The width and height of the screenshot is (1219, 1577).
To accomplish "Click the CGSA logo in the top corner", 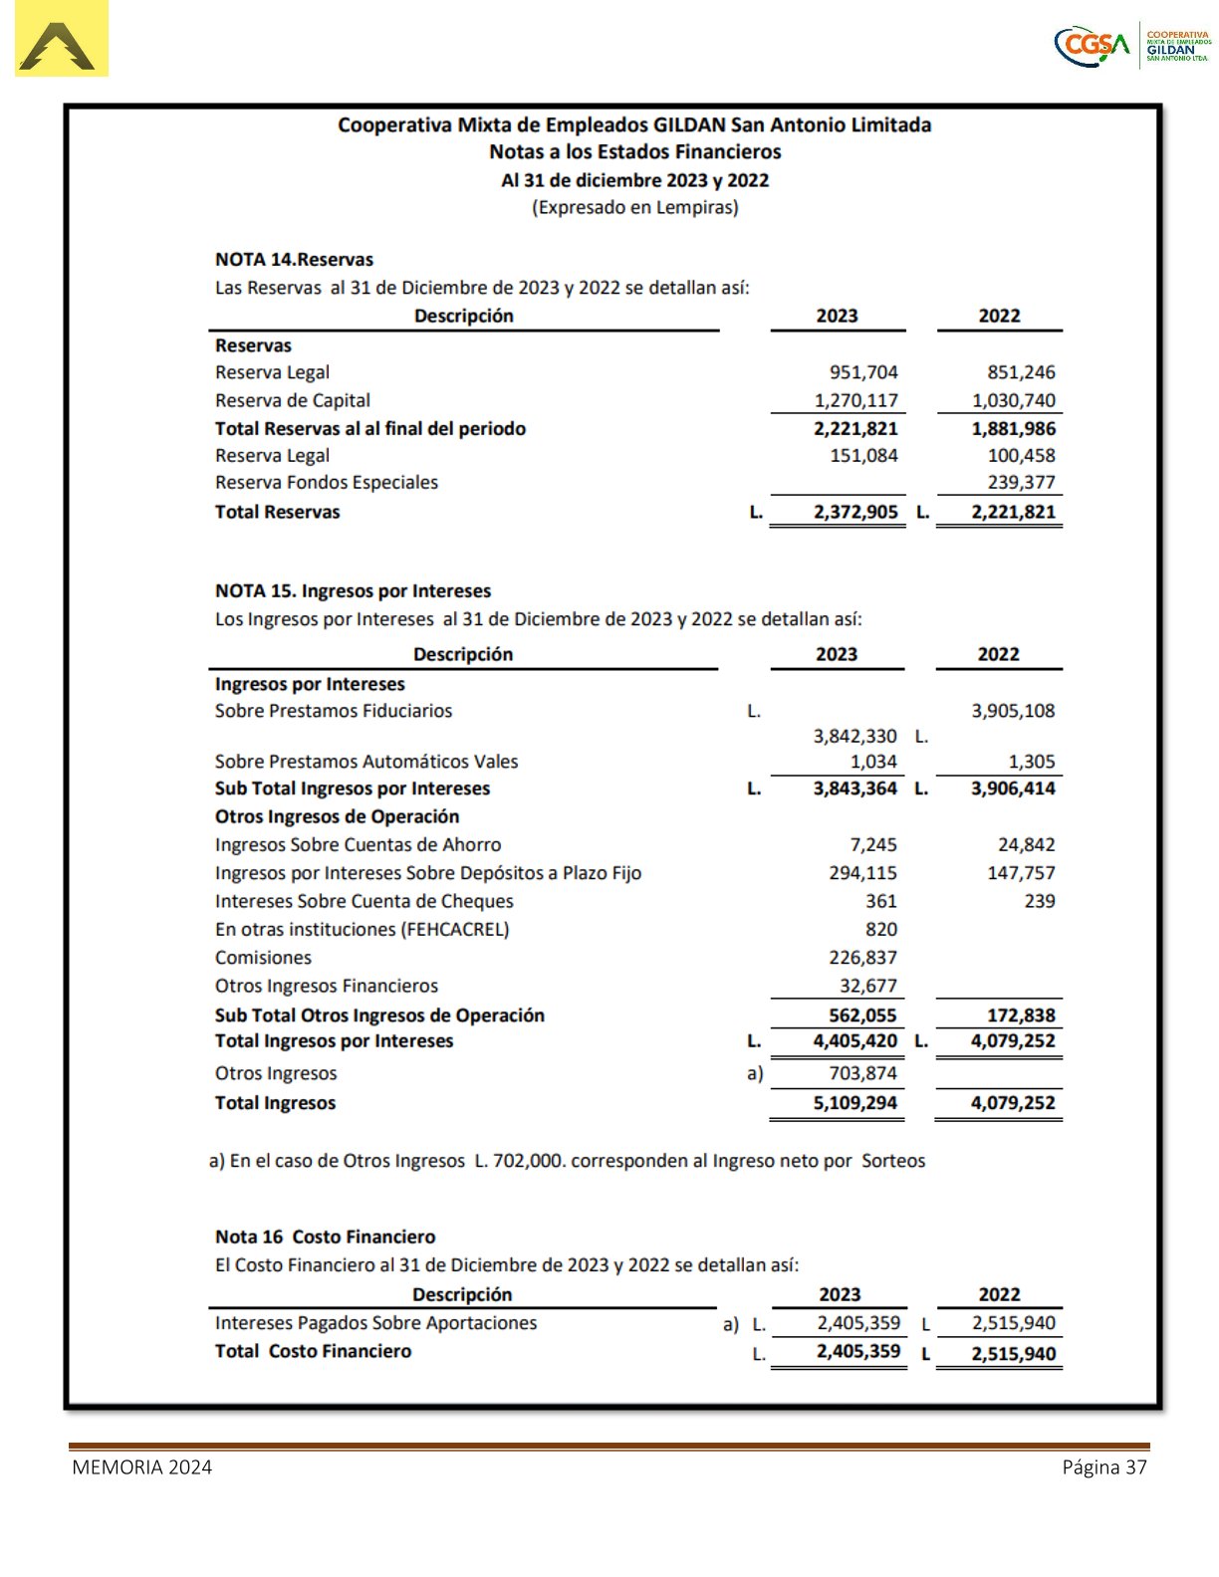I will click(1132, 45).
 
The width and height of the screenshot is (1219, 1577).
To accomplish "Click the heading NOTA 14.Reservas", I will click(294, 260).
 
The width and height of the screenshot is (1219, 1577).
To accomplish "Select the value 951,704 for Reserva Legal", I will click(863, 372).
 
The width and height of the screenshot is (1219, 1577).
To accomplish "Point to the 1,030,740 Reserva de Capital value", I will click(1013, 400).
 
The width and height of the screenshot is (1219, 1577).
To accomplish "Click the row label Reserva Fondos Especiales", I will click(326, 483).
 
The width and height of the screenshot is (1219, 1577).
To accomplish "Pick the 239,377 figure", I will click(1021, 483).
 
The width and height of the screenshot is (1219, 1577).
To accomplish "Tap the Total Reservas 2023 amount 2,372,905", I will click(854, 512).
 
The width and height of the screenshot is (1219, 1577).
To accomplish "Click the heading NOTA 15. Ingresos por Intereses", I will click(353, 591).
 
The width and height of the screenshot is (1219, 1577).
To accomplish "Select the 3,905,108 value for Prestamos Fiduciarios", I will click(1013, 711).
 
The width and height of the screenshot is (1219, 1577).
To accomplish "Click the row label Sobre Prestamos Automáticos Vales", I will click(366, 762).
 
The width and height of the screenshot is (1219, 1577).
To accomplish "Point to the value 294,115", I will click(862, 873).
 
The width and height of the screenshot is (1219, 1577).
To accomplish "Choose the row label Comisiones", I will click(263, 958).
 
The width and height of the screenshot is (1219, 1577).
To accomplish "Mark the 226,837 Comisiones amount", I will click(862, 958).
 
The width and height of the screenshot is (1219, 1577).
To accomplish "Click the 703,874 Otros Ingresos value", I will click(862, 1073).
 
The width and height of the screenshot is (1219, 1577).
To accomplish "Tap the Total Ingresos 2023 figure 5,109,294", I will click(854, 1103).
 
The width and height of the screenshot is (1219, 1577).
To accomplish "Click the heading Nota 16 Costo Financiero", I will click(325, 1238).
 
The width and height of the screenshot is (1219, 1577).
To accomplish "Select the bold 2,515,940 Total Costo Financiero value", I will click(1013, 1354).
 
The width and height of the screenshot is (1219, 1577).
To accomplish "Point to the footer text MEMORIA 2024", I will click(141, 1467).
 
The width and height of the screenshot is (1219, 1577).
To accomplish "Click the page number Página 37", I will click(1103, 1467).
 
